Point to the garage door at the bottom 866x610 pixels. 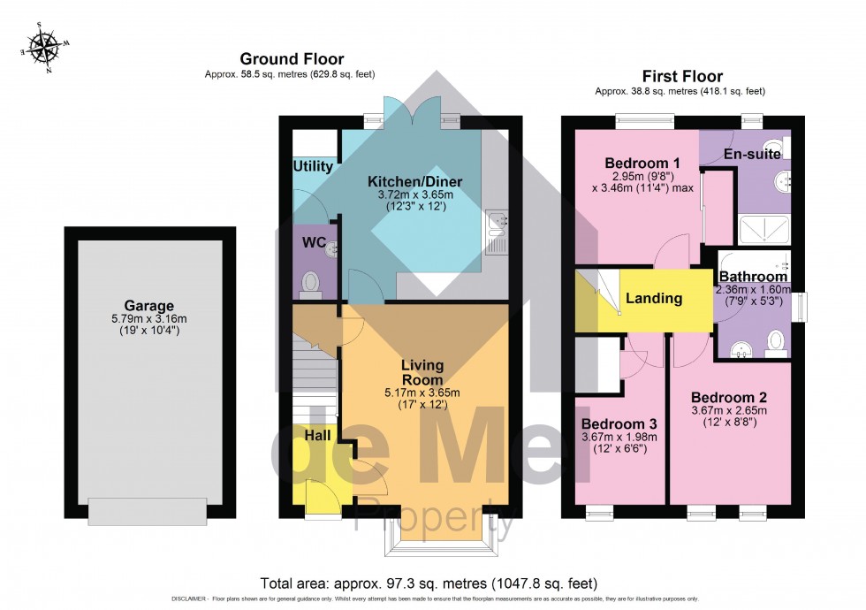pos(148,510)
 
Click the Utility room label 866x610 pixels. pos(313,166)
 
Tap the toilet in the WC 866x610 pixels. pos(311,281)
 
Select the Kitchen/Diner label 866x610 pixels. pos(414,182)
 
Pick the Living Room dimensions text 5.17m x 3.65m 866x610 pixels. pos(422,393)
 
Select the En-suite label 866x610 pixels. pos(751,154)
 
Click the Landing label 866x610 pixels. pos(654,298)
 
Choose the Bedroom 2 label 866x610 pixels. pos(728,396)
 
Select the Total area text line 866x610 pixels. pos(429,583)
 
